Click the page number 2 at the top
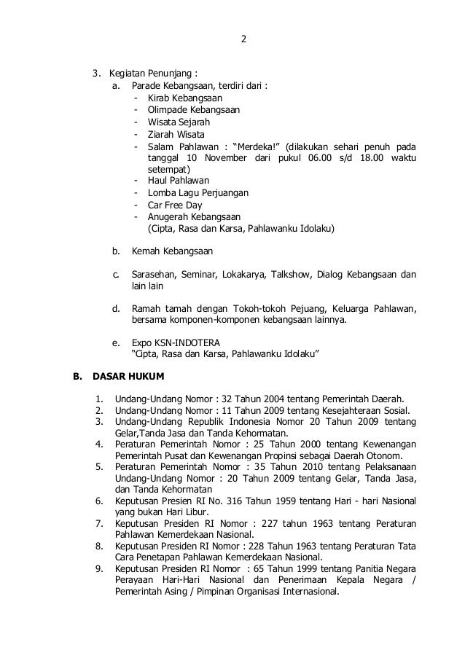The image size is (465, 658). (x=244, y=39)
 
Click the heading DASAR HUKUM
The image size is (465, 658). (x=128, y=377)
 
